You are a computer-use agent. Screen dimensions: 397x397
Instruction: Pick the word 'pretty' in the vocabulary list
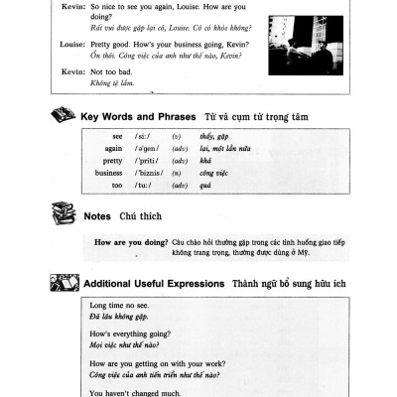coord(112,160)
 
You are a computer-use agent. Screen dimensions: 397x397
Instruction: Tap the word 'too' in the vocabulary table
coord(116,185)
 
